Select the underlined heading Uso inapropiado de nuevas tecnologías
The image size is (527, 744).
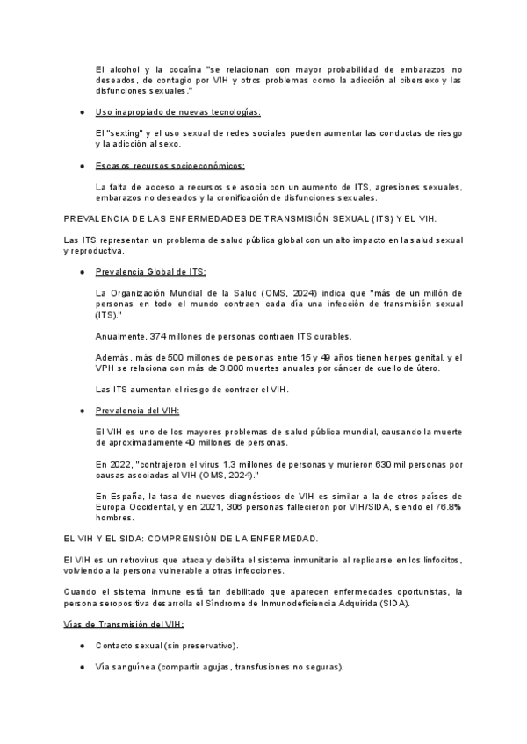(x=177, y=112)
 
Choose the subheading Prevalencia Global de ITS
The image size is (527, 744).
(x=150, y=271)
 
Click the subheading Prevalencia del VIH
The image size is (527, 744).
(x=138, y=411)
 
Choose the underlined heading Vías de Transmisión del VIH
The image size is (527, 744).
(x=124, y=625)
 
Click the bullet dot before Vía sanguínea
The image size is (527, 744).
(x=82, y=667)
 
